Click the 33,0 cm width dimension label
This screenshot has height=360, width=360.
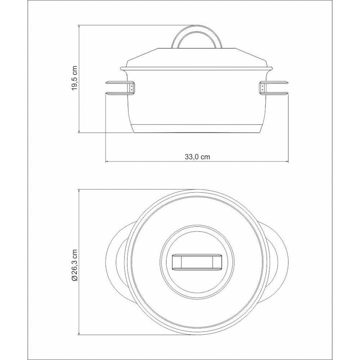(197, 157)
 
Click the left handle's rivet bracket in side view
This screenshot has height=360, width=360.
(132, 87)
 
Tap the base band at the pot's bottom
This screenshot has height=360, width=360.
(197, 128)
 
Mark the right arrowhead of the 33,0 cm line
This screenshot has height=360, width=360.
(288, 161)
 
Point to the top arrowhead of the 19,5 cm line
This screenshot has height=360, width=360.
(79, 26)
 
